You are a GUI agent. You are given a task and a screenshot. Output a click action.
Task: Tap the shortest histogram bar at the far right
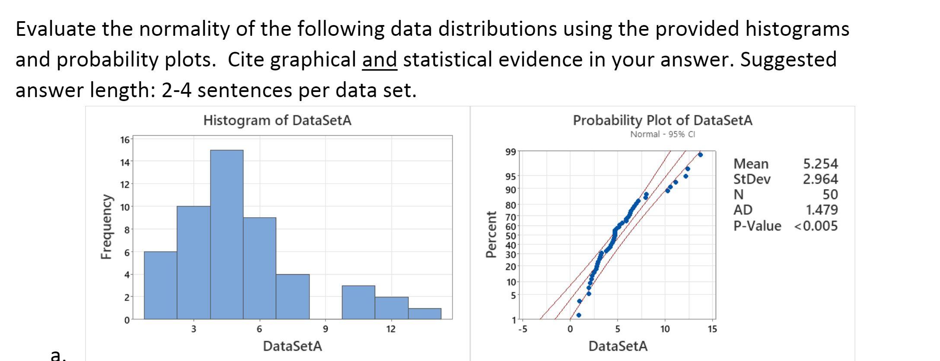(424, 313)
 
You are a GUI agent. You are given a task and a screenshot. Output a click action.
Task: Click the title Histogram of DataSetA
(277, 120)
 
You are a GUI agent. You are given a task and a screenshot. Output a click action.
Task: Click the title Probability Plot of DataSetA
(662, 120)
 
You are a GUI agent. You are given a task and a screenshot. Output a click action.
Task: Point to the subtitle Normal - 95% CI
(662, 134)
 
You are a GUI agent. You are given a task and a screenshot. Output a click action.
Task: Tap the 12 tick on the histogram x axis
(391, 329)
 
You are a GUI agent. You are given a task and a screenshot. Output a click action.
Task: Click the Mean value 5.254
(820, 164)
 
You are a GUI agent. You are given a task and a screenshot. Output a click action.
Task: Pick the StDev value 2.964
(820, 179)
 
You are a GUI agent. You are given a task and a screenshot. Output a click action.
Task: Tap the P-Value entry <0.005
(816, 225)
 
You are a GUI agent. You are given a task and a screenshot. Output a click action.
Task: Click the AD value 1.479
(822, 210)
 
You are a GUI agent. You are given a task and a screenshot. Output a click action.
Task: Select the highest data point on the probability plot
(700, 155)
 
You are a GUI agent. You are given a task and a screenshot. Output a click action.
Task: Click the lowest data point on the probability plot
(579, 315)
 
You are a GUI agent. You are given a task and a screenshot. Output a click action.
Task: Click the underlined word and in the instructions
(379, 60)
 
